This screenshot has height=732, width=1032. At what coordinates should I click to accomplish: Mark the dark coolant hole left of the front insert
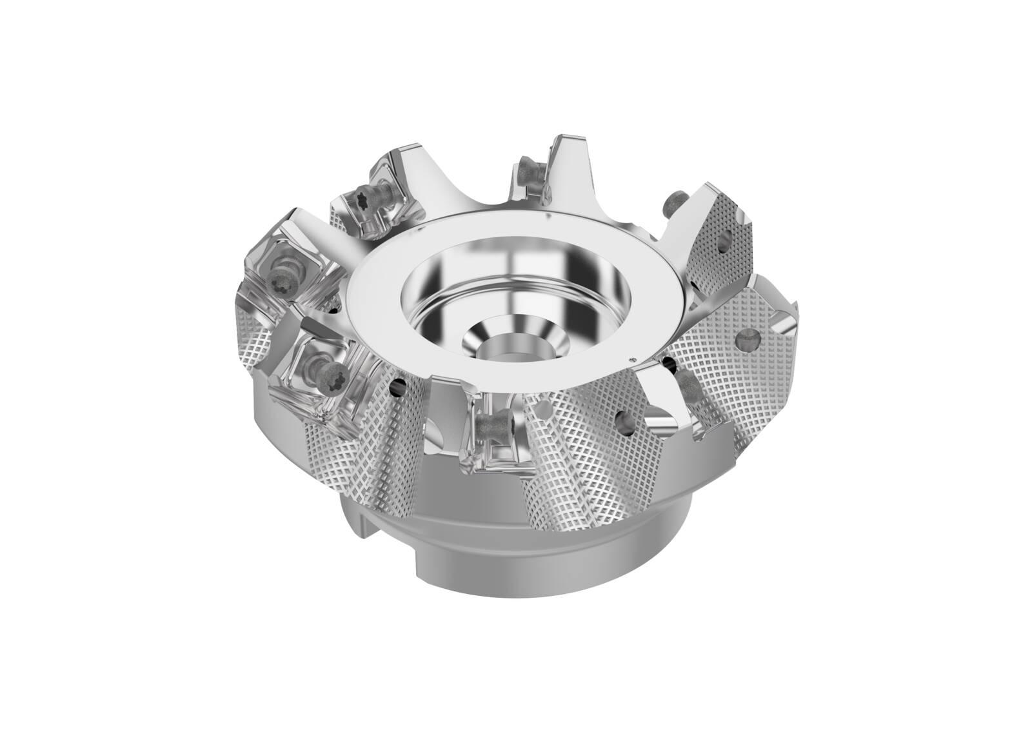(400, 389)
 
